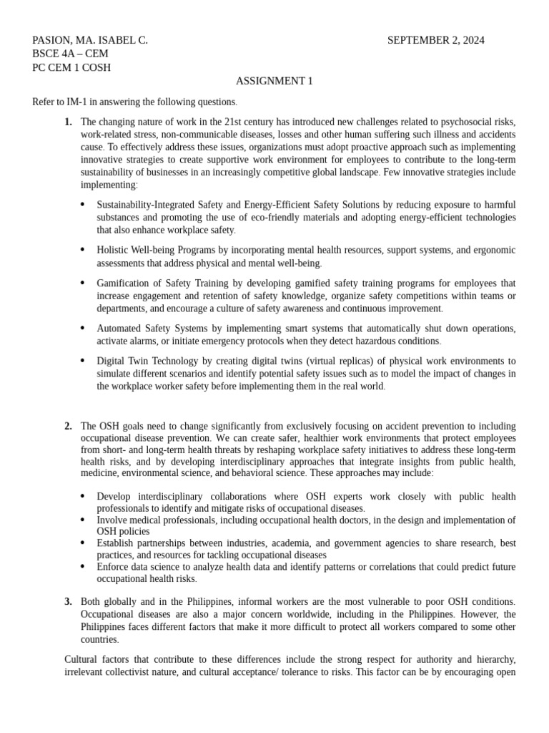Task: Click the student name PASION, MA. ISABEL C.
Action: (x=90, y=41)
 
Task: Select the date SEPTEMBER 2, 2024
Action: (x=435, y=41)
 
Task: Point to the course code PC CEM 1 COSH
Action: (x=71, y=68)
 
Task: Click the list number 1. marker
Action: (x=68, y=122)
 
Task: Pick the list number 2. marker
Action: (x=68, y=427)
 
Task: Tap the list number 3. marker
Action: (x=68, y=601)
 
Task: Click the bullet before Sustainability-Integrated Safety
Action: (x=82, y=205)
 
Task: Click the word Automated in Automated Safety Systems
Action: (x=119, y=329)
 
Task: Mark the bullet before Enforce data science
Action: (x=82, y=566)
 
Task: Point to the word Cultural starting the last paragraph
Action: (x=84, y=659)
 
